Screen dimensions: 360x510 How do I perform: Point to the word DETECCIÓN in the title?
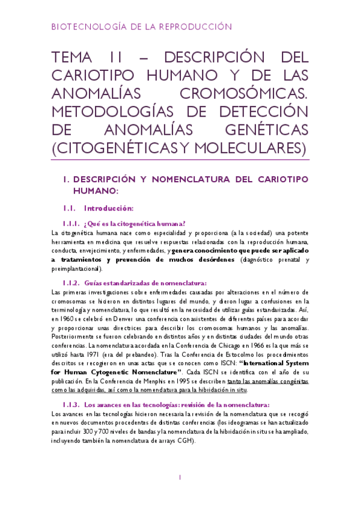(261, 112)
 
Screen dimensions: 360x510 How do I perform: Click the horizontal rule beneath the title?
(180, 161)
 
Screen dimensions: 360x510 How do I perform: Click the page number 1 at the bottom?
(180, 478)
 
